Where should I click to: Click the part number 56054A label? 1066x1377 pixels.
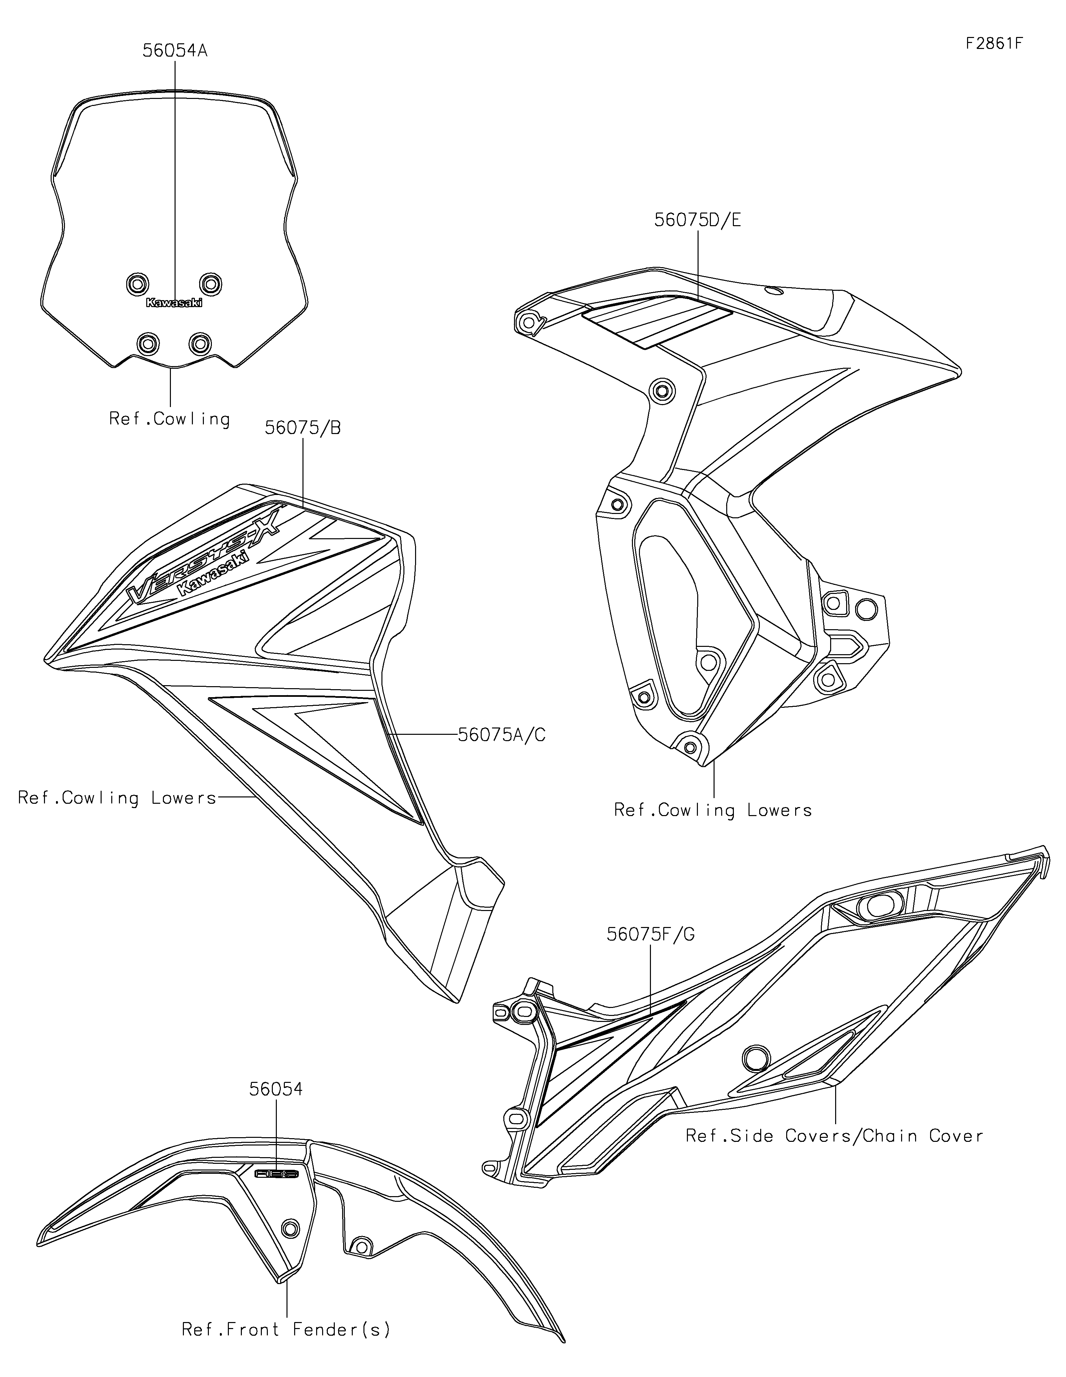click(175, 50)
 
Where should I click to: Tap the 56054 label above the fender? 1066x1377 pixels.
click(275, 1089)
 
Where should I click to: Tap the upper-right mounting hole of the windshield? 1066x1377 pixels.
click(211, 283)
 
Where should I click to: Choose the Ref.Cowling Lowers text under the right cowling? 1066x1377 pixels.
click(713, 810)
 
